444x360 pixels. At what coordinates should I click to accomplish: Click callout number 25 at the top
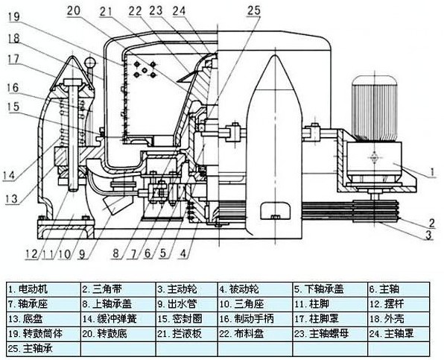tap(254, 10)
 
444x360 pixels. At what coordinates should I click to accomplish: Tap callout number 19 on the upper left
tap(13, 16)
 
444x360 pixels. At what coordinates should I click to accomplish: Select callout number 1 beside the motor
tap(432, 172)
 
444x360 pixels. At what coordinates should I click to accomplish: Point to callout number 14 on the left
tap(10, 175)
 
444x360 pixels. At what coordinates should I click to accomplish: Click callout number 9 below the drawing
tap(82, 254)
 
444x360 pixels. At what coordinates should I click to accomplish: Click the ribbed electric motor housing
tap(374, 108)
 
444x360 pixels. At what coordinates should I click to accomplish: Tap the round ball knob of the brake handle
tap(91, 62)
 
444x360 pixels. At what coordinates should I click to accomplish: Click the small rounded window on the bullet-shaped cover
tap(275, 211)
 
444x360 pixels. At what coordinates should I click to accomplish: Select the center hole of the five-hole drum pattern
tap(145, 69)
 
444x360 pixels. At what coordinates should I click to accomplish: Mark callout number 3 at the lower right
tap(429, 235)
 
